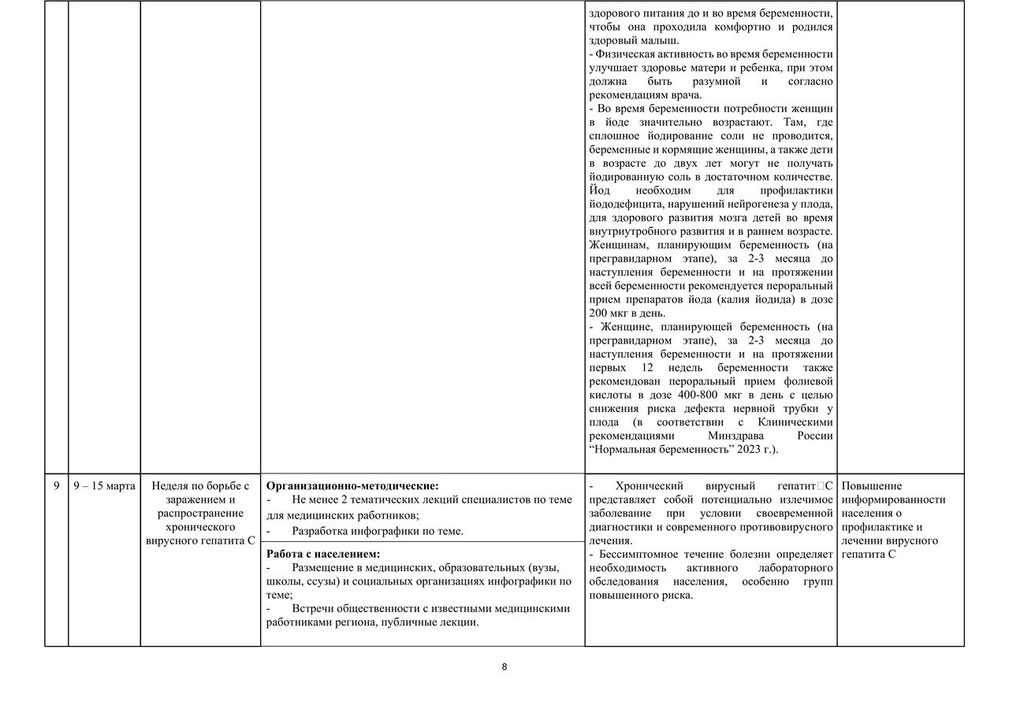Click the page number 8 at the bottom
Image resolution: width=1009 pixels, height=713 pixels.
click(x=504, y=667)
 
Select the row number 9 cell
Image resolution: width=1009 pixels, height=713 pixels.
click(x=56, y=486)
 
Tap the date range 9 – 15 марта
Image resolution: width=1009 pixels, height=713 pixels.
click(x=104, y=486)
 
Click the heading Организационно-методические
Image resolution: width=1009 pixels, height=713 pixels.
click(x=352, y=486)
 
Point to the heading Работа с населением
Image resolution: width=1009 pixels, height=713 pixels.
click(x=323, y=554)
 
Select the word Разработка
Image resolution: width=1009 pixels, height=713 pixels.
click(x=322, y=531)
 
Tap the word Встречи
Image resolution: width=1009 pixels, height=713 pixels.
click(x=313, y=608)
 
